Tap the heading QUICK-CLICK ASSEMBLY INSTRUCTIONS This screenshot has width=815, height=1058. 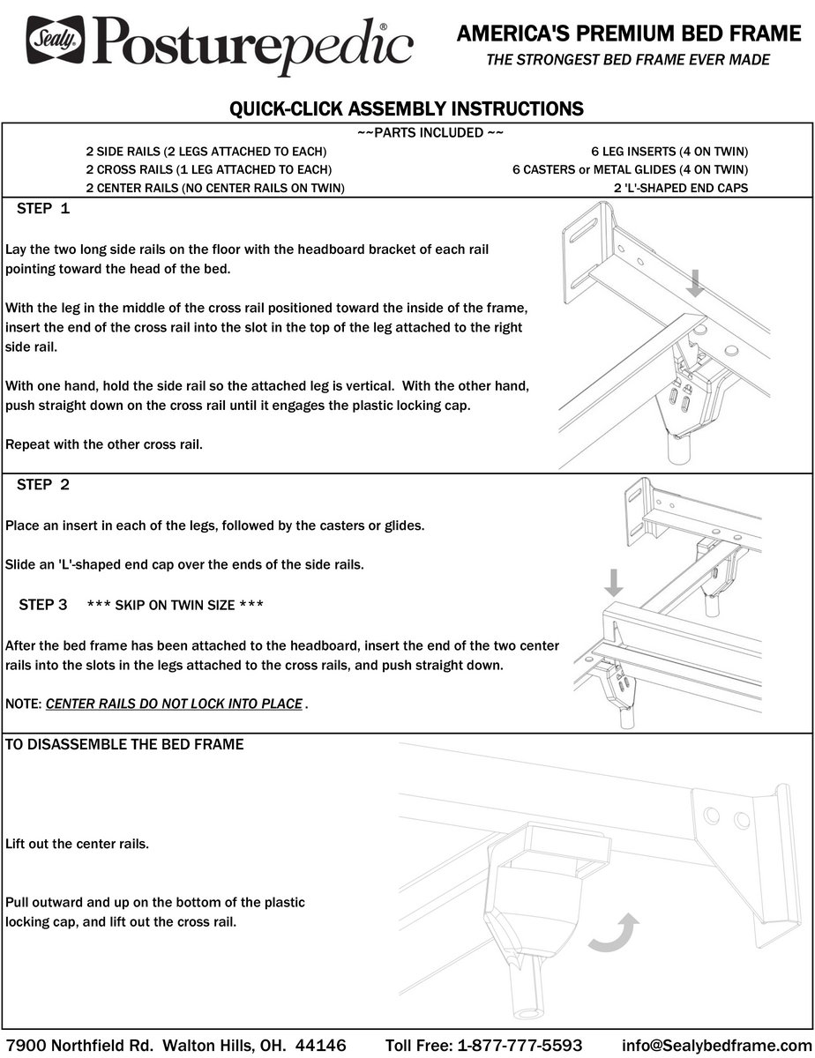pyautogui.click(x=407, y=109)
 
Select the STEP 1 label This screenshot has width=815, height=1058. pyautogui.click(x=43, y=210)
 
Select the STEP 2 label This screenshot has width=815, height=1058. pyautogui.click(x=43, y=485)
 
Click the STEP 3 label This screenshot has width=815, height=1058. pyautogui.click(x=43, y=605)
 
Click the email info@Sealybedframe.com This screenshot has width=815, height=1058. pyautogui.click(x=714, y=1045)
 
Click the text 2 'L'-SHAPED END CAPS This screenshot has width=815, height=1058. pyautogui.click(x=681, y=188)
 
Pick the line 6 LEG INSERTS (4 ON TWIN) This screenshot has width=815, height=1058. pyautogui.click(x=669, y=151)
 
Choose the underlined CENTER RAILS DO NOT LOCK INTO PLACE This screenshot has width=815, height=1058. pyautogui.click(x=175, y=704)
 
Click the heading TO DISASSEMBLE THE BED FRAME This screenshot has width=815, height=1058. pyautogui.click(x=124, y=744)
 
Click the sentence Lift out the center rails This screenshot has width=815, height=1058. pyautogui.click(x=77, y=844)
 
